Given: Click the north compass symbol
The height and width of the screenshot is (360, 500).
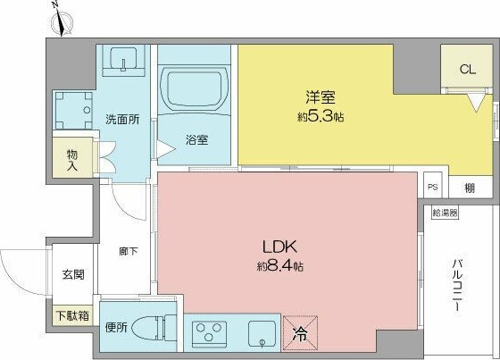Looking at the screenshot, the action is click(62, 21).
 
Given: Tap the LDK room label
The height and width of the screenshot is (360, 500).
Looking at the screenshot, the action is click(280, 247).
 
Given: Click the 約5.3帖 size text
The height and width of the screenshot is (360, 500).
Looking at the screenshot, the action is click(321, 117).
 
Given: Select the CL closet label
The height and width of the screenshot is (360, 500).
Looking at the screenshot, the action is click(468, 70).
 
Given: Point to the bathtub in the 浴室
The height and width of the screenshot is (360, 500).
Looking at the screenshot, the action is click(195, 88).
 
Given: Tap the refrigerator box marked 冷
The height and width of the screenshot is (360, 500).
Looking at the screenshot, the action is click(300, 332).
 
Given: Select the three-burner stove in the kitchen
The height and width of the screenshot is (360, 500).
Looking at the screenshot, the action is click(210, 332).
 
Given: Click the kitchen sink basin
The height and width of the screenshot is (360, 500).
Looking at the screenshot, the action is click(262, 333).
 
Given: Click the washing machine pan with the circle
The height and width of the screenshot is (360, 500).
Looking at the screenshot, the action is click(73, 111).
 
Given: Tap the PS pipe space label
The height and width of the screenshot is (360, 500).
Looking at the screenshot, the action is click(433, 187).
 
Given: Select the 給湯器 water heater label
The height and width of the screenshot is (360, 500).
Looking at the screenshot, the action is click(445, 213).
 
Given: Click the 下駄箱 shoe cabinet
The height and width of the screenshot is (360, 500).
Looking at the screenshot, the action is click(72, 316).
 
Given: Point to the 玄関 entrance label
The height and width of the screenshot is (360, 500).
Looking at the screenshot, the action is click(73, 274).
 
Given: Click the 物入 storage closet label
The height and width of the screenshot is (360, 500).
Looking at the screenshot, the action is click(72, 161).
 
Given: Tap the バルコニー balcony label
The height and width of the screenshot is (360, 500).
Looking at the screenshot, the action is click(457, 286).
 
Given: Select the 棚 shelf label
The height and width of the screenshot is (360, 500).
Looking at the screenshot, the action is click(470, 188).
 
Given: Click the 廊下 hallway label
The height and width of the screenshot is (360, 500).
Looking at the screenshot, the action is click(129, 252).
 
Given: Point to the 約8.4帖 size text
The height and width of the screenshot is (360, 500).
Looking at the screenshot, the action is click(280, 266).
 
